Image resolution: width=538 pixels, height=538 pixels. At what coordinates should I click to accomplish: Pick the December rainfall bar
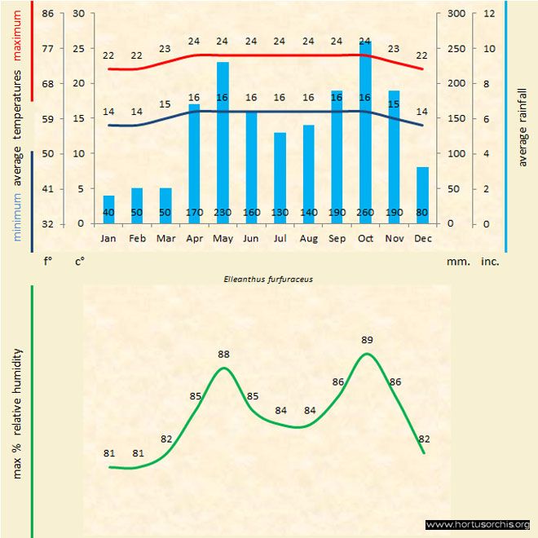[422, 196]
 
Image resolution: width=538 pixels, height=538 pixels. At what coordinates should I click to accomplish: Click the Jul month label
[280, 238]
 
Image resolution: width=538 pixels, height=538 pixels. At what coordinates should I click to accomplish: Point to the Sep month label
[337, 238]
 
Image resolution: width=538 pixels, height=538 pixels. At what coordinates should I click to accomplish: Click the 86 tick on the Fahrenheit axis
[48, 14]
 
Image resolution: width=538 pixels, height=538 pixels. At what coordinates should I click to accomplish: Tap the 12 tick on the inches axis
[489, 14]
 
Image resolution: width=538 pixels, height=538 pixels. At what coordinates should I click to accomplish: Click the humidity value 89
[366, 340]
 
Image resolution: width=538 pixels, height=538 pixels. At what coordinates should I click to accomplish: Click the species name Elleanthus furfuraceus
[268, 278]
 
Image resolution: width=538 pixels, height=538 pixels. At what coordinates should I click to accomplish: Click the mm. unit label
[457, 262]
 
